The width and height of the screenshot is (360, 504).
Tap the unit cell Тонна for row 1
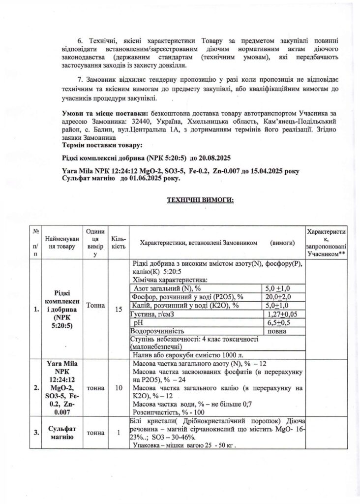95,306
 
